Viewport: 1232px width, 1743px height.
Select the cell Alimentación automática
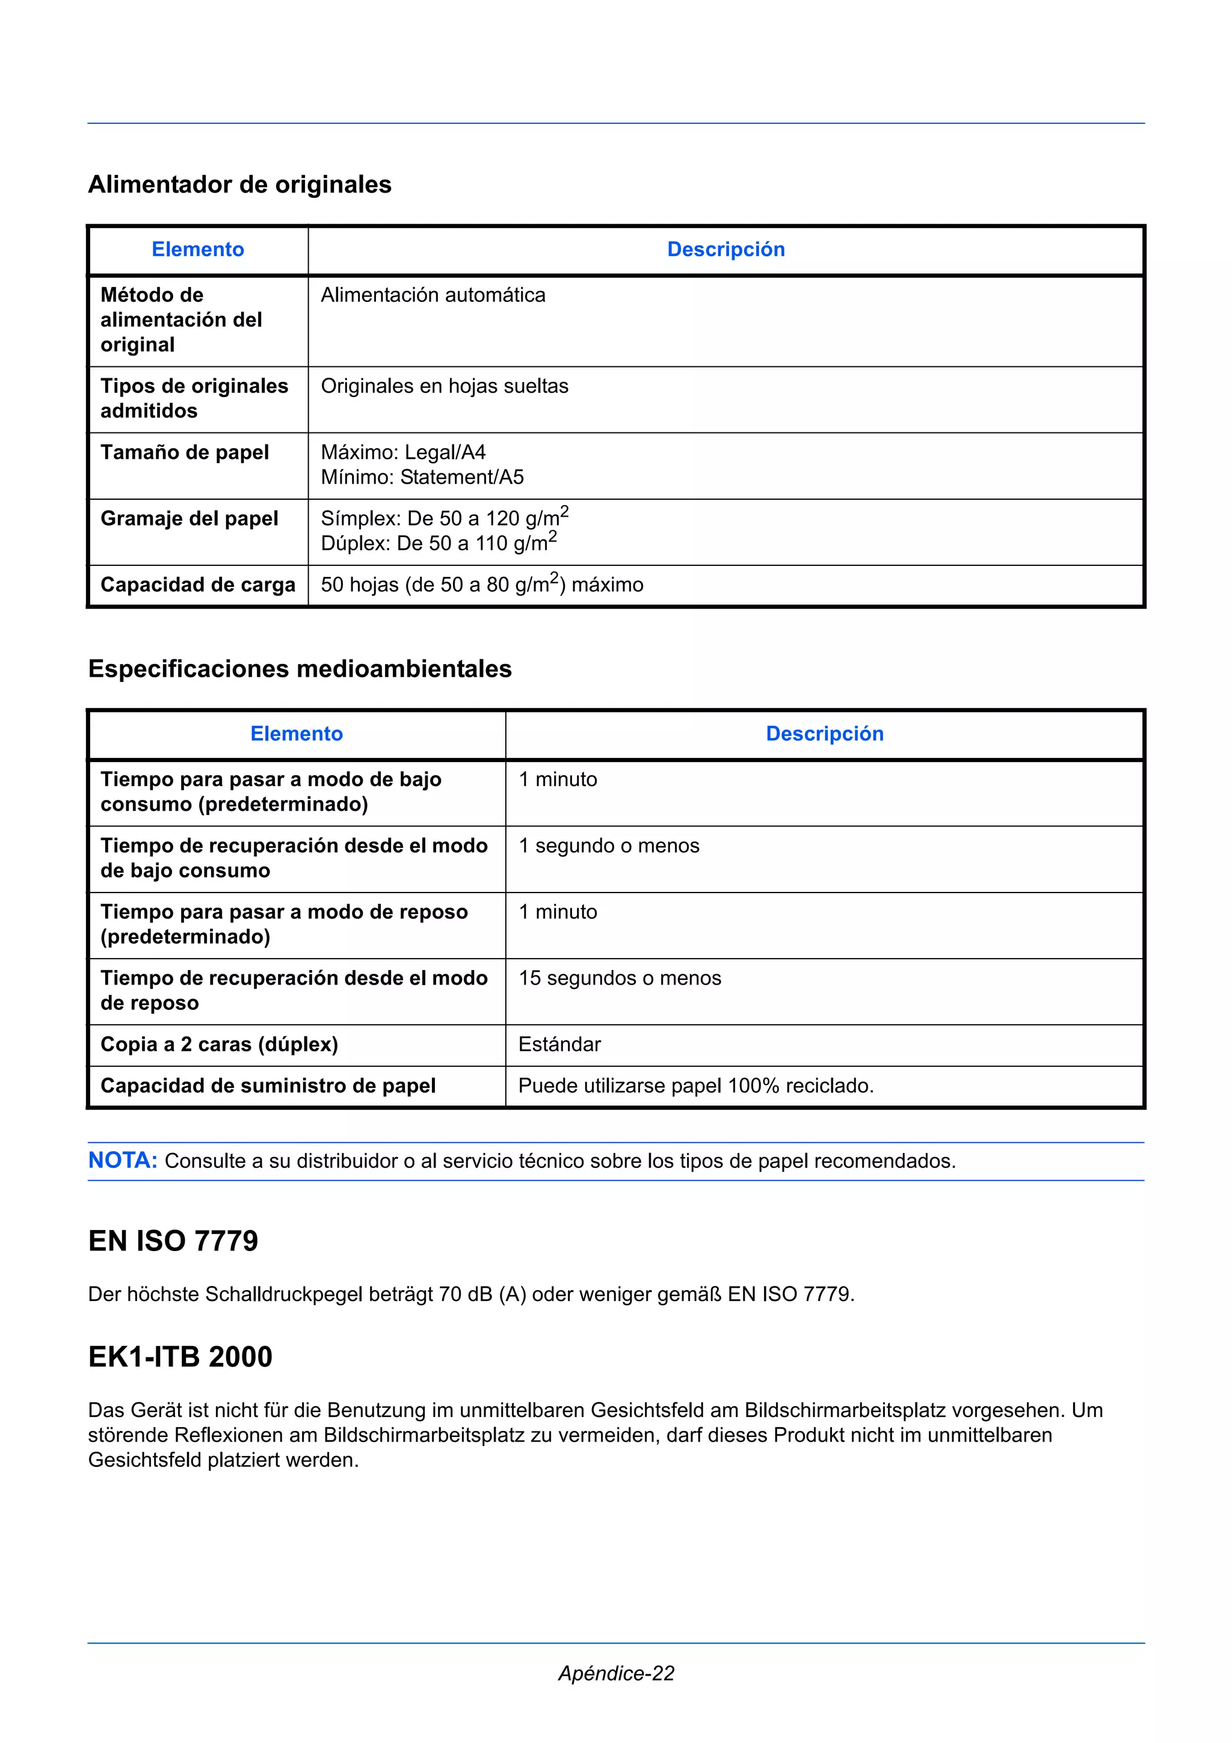[x=433, y=295]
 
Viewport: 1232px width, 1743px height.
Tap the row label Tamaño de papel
[x=185, y=452]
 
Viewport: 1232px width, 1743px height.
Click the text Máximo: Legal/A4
[x=403, y=452]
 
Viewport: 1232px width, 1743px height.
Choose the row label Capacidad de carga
[x=197, y=585]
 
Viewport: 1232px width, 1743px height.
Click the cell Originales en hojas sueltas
[x=444, y=386]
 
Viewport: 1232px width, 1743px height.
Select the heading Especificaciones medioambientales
[x=300, y=669]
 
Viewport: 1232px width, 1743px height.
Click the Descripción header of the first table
[x=725, y=250]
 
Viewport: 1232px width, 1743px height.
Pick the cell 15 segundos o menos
[x=620, y=979]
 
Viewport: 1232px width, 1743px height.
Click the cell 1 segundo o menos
[x=609, y=846]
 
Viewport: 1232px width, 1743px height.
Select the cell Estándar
[x=559, y=1045]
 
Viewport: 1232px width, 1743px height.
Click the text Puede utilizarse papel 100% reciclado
[x=695, y=1086]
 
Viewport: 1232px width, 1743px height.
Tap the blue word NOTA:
[x=122, y=1161]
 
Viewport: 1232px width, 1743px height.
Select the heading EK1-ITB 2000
[x=180, y=1357]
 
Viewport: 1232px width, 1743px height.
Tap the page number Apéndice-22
[x=615, y=1673]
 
